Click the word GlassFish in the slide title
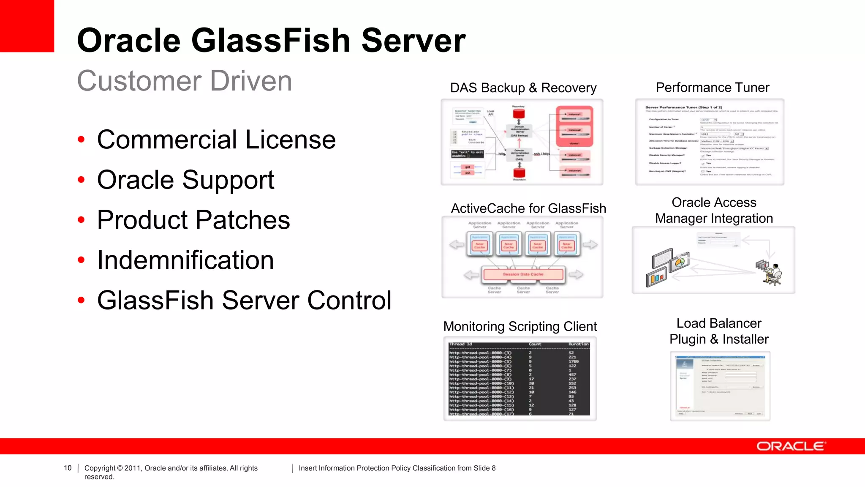click(x=271, y=41)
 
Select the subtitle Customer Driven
click(x=185, y=81)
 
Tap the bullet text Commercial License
click(x=216, y=140)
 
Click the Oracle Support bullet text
click(x=185, y=180)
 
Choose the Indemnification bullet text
click(x=185, y=260)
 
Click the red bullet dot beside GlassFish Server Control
click(x=81, y=300)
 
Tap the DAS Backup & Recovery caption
click(x=523, y=88)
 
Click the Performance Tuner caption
click(x=712, y=88)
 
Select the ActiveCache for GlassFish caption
click(x=528, y=208)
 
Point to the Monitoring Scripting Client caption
click(x=520, y=326)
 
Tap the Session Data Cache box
click(x=523, y=274)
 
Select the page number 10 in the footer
click(x=68, y=468)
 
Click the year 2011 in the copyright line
click(x=133, y=468)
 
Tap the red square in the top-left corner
click(x=27, y=26)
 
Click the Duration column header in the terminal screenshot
click(x=578, y=344)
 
